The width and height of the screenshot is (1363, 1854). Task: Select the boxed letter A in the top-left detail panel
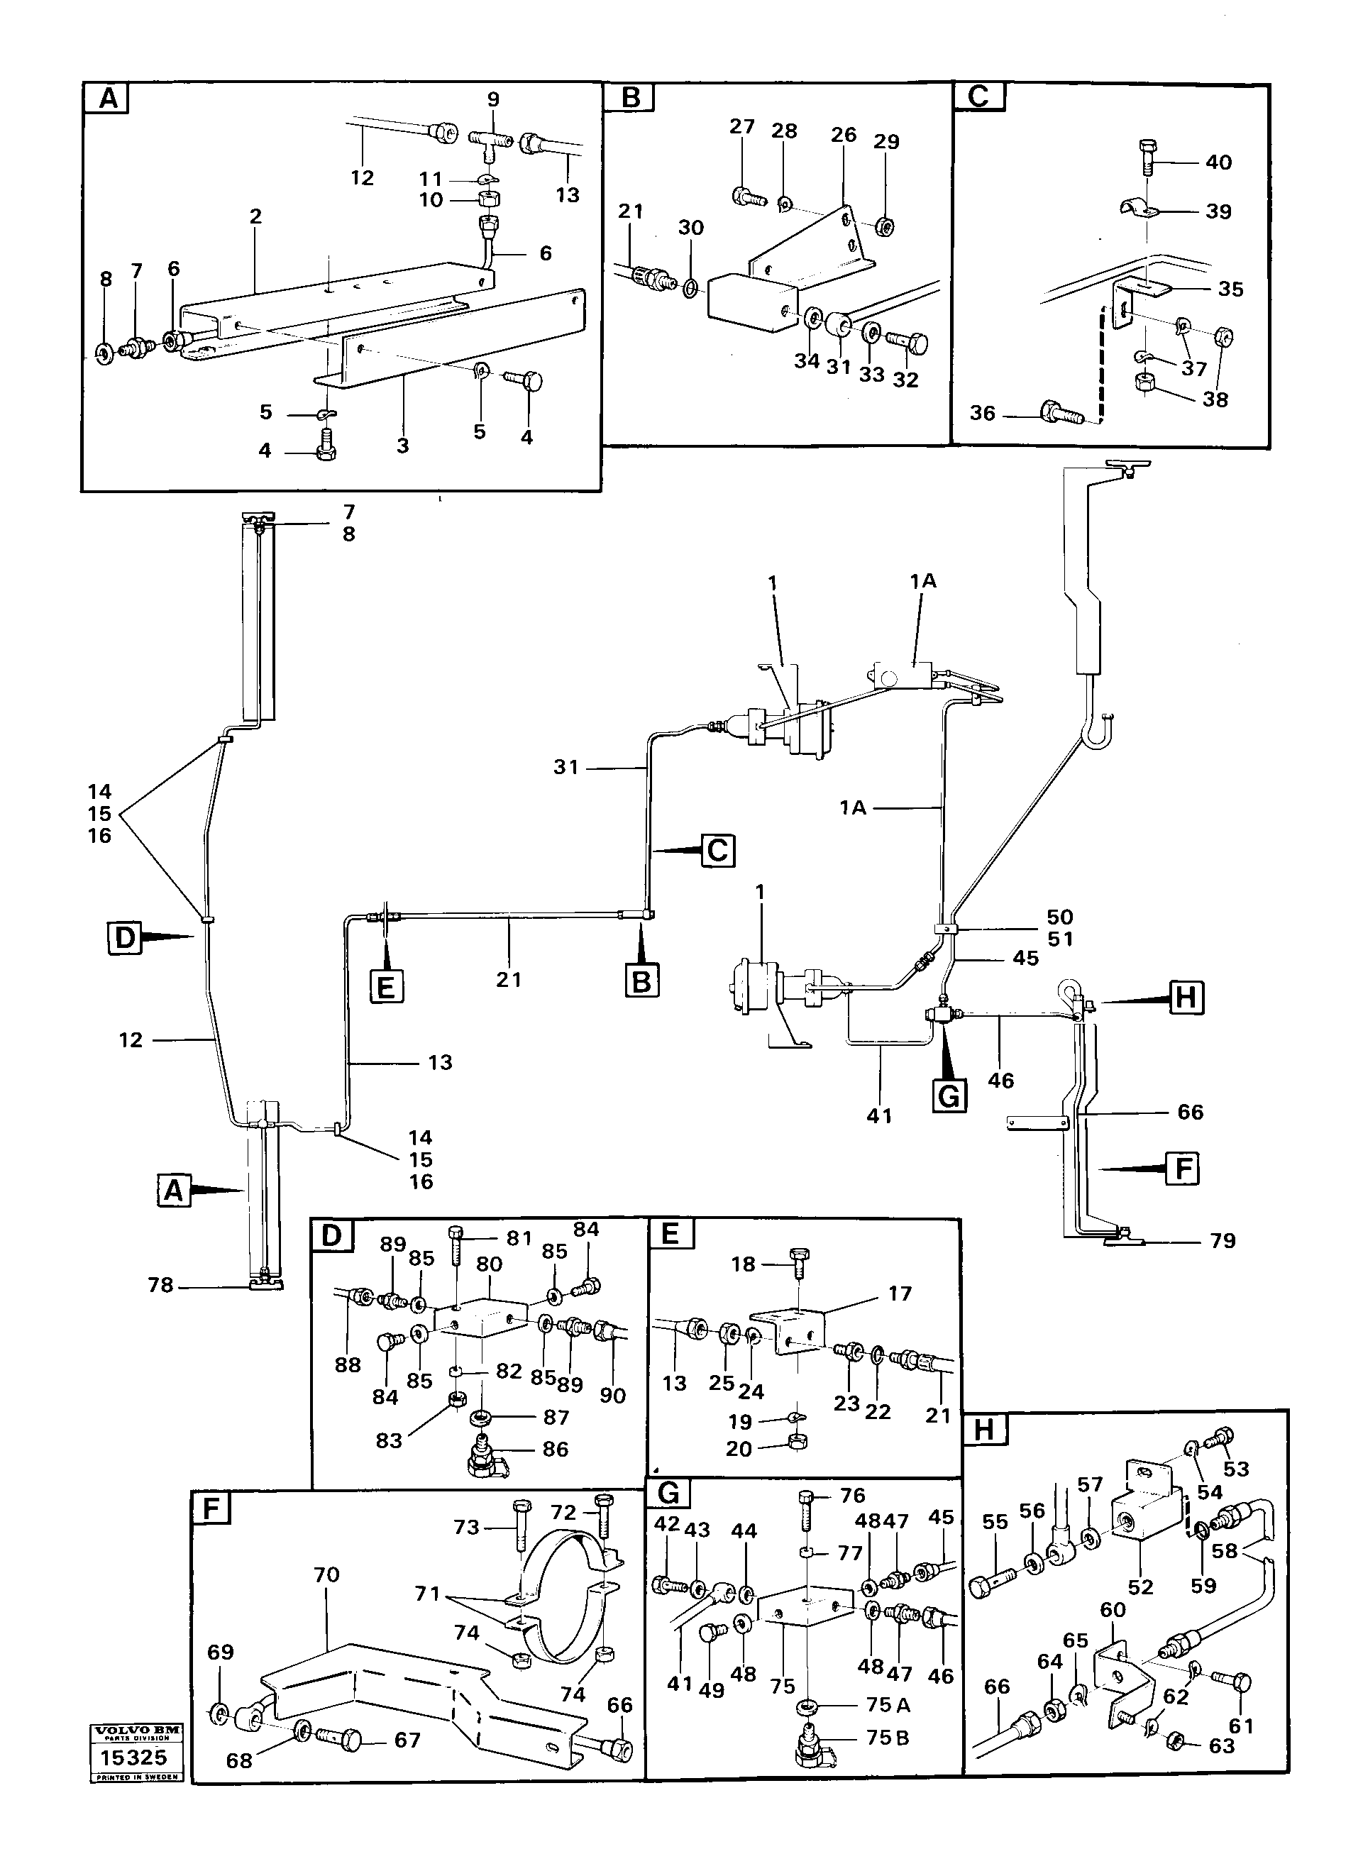(107, 99)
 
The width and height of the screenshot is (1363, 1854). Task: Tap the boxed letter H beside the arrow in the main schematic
(1185, 998)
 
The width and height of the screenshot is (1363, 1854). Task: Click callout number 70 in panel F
(326, 1574)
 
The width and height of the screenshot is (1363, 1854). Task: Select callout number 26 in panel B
(843, 135)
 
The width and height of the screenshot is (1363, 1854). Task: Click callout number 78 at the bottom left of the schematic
(160, 1285)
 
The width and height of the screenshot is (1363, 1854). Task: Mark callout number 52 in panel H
(1139, 1587)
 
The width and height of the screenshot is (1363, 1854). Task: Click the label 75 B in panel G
(888, 1738)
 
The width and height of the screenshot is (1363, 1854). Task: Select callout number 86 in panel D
(556, 1449)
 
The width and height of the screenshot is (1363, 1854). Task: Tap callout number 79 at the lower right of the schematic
(1222, 1240)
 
